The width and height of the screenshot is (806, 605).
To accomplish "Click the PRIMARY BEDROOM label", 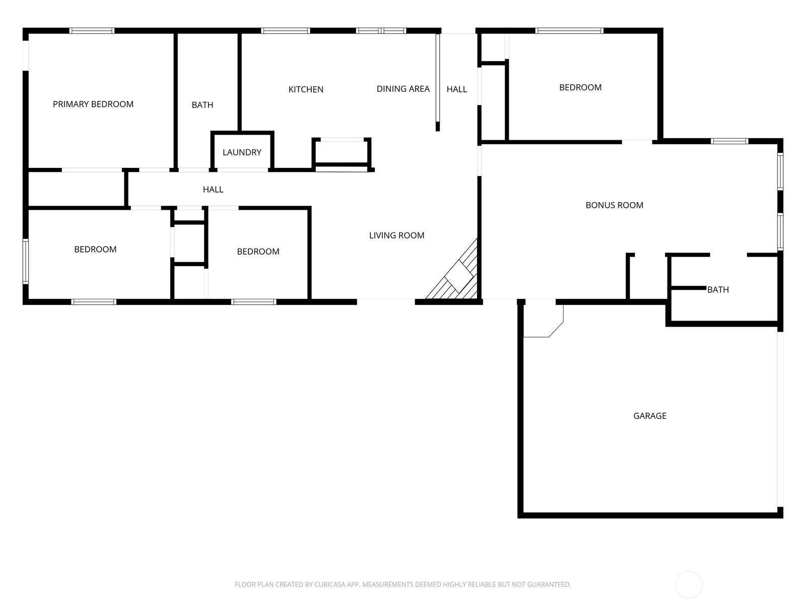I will click(93, 104).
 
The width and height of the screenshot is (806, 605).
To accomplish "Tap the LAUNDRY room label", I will click(242, 152).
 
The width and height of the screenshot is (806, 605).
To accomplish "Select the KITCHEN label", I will click(306, 90).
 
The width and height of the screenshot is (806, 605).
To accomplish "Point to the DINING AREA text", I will click(403, 89).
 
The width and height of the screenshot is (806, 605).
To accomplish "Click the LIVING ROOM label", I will click(396, 235).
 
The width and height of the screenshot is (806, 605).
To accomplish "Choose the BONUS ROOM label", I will click(614, 205).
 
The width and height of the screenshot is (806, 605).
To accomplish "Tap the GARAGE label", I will click(649, 416).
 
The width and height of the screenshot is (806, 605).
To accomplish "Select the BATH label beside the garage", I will click(718, 290).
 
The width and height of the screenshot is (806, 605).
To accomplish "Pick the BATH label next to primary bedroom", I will click(202, 105).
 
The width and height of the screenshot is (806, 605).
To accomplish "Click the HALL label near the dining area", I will click(456, 89).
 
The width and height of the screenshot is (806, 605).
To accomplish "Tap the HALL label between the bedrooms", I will click(213, 190).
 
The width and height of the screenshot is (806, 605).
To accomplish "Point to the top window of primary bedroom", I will click(92, 31).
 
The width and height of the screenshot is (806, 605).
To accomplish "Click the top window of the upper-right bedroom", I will click(569, 31).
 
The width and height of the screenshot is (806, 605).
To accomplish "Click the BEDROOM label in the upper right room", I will click(580, 88).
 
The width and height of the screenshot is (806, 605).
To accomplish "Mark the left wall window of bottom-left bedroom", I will click(26, 261).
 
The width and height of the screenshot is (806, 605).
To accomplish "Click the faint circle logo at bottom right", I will click(689, 585).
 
